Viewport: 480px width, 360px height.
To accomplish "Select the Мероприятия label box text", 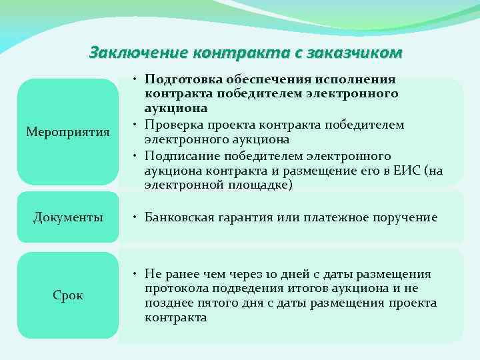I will (x=68, y=132).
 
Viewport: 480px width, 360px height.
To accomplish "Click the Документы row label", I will (x=68, y=217).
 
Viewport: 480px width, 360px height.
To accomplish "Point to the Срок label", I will (x=68, y=295).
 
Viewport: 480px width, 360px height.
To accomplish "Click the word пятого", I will (x=211, y=303).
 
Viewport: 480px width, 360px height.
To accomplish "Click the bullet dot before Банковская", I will (x=135, y=217).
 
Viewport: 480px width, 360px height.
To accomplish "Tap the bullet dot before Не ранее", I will (x=135, y=274).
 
